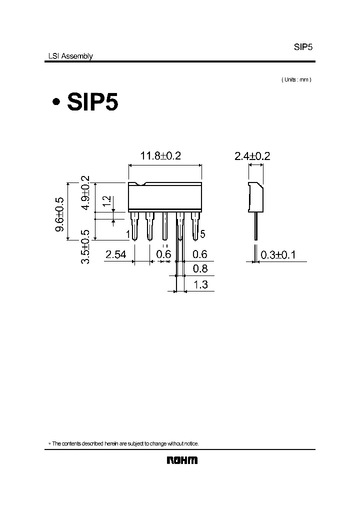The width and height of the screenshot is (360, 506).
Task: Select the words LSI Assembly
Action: coord(68,56)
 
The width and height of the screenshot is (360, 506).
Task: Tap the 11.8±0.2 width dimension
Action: coord(160,156)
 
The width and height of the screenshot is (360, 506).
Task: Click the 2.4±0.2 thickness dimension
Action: coord(252,156)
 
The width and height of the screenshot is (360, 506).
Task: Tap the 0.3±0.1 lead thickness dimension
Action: coord(278,255)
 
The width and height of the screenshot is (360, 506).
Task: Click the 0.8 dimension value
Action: coord(200,269)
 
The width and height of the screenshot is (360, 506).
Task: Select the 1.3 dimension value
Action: coord(200,285)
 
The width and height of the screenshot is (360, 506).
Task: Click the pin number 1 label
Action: coord(128,234)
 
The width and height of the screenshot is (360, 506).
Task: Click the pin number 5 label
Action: coord(202,234)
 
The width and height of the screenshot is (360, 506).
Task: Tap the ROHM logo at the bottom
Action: coord(182,460)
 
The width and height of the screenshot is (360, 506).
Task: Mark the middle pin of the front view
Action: coord(164,224)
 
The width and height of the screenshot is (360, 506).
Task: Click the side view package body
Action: coord(256,197)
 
